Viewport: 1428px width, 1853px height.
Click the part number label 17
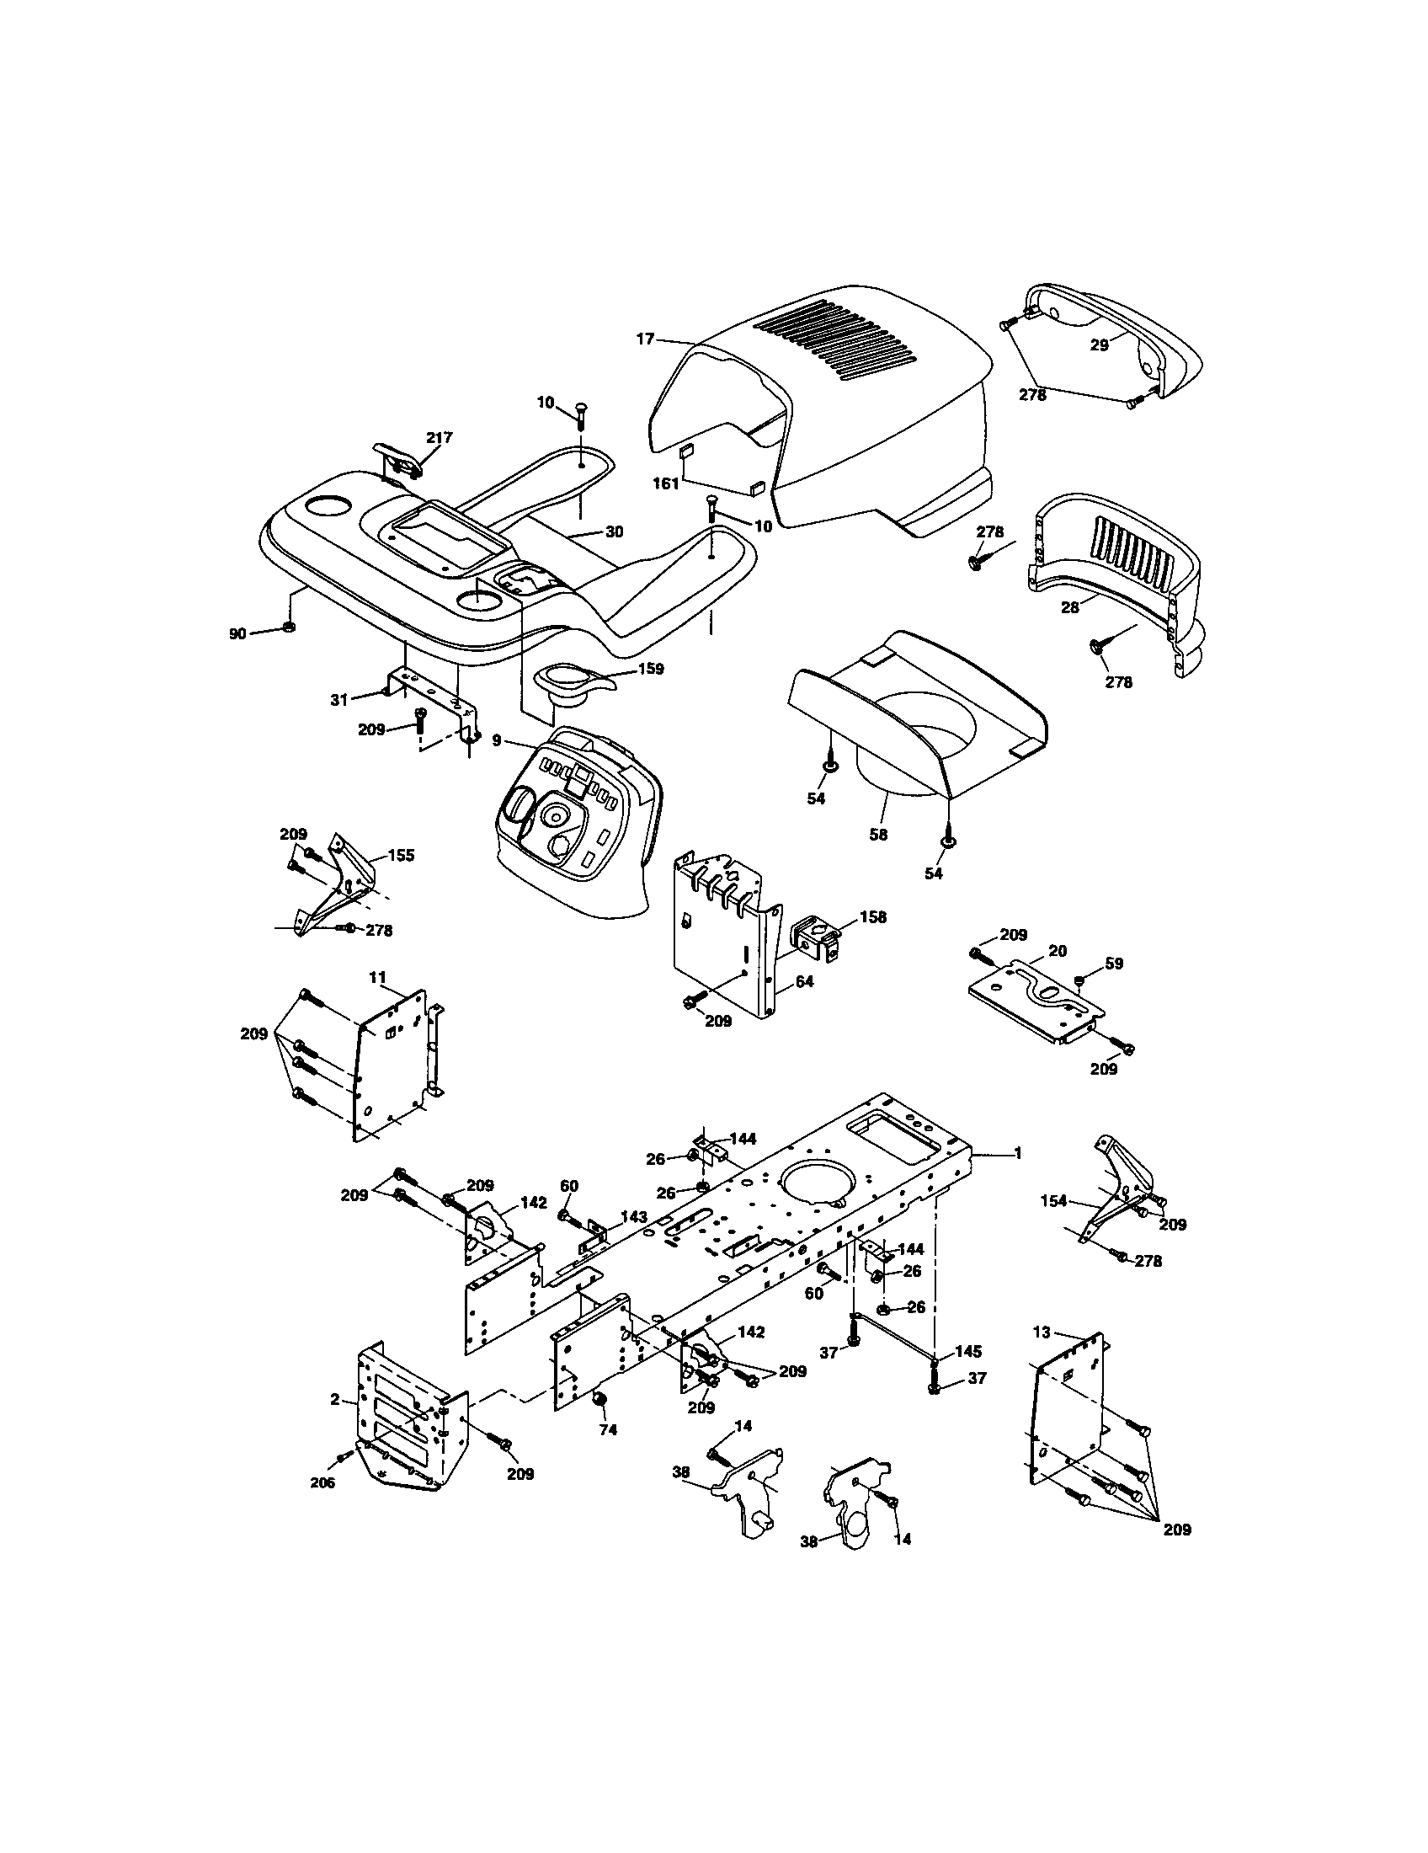(x=645, y=339)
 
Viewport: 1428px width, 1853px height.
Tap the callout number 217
(x=440, y=438)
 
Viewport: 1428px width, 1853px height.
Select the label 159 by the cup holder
(x=650, y=669)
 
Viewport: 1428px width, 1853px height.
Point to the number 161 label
(x=666, y=483)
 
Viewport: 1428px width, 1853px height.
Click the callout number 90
(x=237, y=633)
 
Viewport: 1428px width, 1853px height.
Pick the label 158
(x=872, y=917)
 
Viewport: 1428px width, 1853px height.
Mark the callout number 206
(x=322, y=1482)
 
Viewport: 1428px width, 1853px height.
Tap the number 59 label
(x=1113, y=964)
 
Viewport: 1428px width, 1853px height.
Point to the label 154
(x=1054, y=1200)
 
